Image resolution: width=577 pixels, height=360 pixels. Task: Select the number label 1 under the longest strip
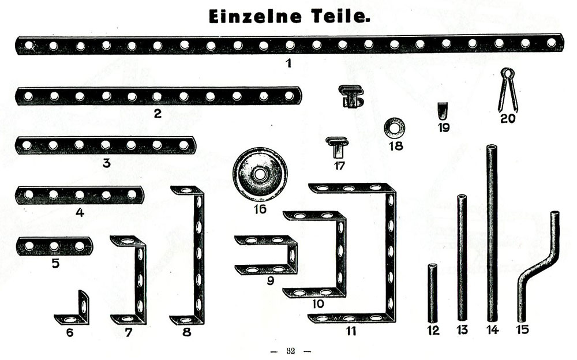click(x=288, y=63)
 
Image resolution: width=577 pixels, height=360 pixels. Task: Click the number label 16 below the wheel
click(x=260, y=208)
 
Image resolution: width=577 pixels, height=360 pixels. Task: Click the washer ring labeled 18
click(x=395, y=125)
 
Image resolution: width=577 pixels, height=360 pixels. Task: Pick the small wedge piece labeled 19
click(x=443, y=109)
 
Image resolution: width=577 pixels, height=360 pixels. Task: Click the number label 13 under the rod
click(x=462, y=331)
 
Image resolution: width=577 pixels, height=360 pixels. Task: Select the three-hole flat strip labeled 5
click(x=54, y=246)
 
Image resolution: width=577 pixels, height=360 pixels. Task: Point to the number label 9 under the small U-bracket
click(x=271, y=282)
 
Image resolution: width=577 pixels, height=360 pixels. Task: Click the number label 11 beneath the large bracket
click(x=351, y=331)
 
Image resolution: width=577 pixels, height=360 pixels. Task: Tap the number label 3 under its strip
click(x=106, y=163)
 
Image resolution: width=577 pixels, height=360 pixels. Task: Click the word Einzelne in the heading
click(x=254, y=17)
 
